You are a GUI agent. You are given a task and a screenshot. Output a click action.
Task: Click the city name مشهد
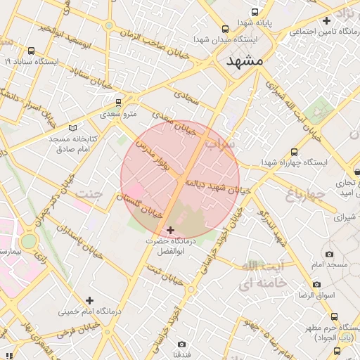click(244, 62)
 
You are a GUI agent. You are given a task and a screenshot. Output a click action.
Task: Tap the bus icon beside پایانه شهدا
click(255, 12)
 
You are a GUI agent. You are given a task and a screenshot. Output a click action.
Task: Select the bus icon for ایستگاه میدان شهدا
click(225, 29)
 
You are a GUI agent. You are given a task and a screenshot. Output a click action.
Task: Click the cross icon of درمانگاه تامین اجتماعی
click(326, 20)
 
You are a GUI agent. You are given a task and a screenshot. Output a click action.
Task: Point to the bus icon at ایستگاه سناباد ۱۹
click(32, 51)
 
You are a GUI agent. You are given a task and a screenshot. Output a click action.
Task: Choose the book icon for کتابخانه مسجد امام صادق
click(72, 129)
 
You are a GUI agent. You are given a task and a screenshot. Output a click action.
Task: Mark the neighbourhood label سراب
click(220, 144)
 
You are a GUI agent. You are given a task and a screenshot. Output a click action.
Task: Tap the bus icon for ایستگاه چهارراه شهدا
click(294, 152)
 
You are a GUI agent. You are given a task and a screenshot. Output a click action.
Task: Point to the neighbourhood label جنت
click(89, 193)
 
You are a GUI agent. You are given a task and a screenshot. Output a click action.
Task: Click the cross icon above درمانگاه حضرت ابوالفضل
click(170, 230)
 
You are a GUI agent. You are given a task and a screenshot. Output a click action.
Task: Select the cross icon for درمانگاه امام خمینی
click(89, 300)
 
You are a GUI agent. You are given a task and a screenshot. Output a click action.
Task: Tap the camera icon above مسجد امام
click(329, 254)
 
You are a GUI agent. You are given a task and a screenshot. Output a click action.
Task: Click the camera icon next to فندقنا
click(182, 344)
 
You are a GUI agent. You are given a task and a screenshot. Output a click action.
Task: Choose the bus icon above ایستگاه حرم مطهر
click(334, 317)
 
